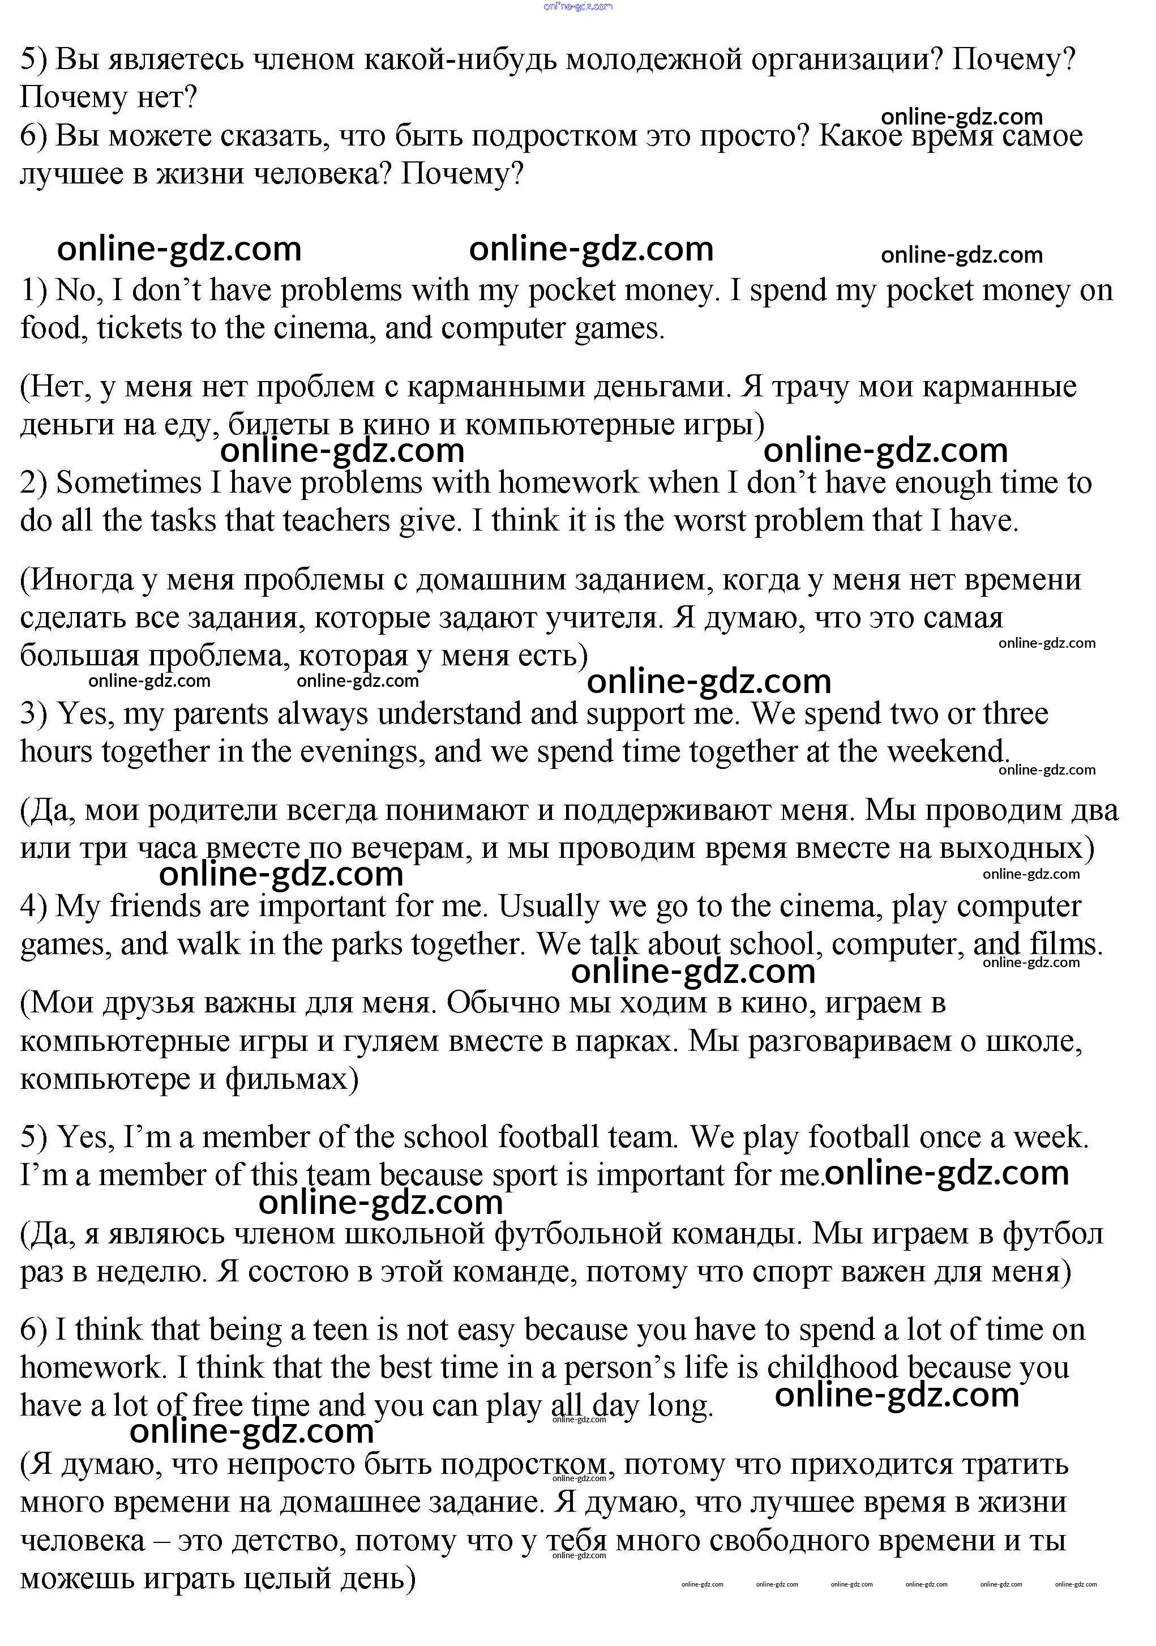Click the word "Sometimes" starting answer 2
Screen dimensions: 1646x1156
(x=129, y=483)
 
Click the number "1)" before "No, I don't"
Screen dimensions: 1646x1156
(x=34, y=290)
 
